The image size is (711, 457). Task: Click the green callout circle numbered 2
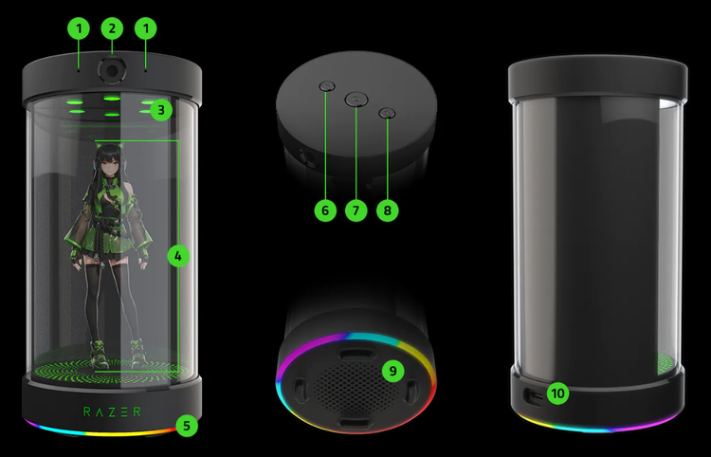point(112,28)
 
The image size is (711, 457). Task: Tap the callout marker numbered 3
point(161,110)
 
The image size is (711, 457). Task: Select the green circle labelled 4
point(178,256)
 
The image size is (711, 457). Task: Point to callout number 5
point(187,426)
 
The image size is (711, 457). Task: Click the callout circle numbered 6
point(325,210)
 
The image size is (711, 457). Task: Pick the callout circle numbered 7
point(355,210)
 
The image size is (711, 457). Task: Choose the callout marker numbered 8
point(387,210)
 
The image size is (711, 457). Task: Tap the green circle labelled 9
point(392,371)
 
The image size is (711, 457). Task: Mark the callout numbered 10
point(557,393)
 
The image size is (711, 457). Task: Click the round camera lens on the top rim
point(112,70)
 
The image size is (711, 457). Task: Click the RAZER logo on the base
point(112,411)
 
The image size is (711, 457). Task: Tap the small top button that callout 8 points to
point(387,113)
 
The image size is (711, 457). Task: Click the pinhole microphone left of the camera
point(79,71)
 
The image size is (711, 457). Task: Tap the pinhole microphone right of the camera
point(146,71)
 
